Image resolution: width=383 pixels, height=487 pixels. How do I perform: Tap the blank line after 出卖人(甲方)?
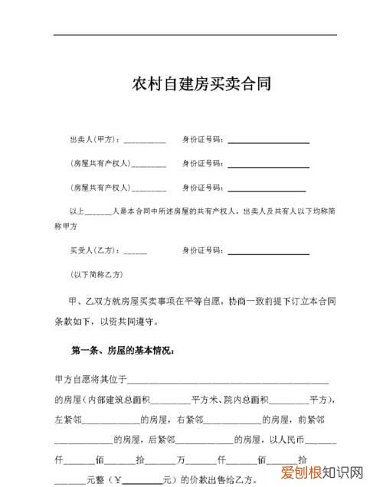pyautogui.click(x=144, y=142)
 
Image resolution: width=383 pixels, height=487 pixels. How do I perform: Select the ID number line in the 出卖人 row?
pyautogui.click(x=268, y=142)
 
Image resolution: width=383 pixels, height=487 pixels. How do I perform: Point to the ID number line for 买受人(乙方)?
pyautogui.click(x=268, y=253)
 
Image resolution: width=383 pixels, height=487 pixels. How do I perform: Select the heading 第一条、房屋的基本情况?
pyautogui.click(x=122, y=351)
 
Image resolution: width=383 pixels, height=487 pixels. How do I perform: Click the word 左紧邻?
pyautogui.click(x=67, y=420)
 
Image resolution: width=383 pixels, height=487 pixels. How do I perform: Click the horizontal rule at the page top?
pyautogui.click(x=195, y=35)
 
